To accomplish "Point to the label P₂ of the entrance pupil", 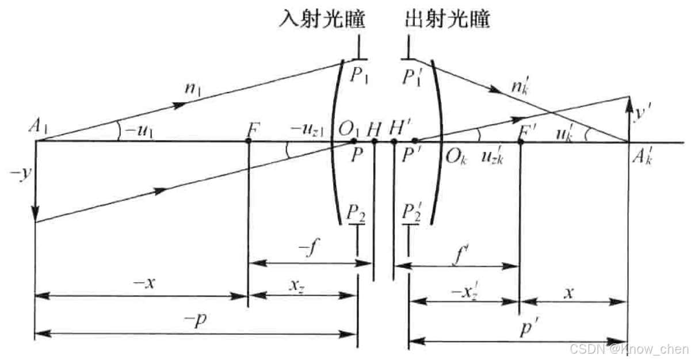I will pos(355,213).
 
